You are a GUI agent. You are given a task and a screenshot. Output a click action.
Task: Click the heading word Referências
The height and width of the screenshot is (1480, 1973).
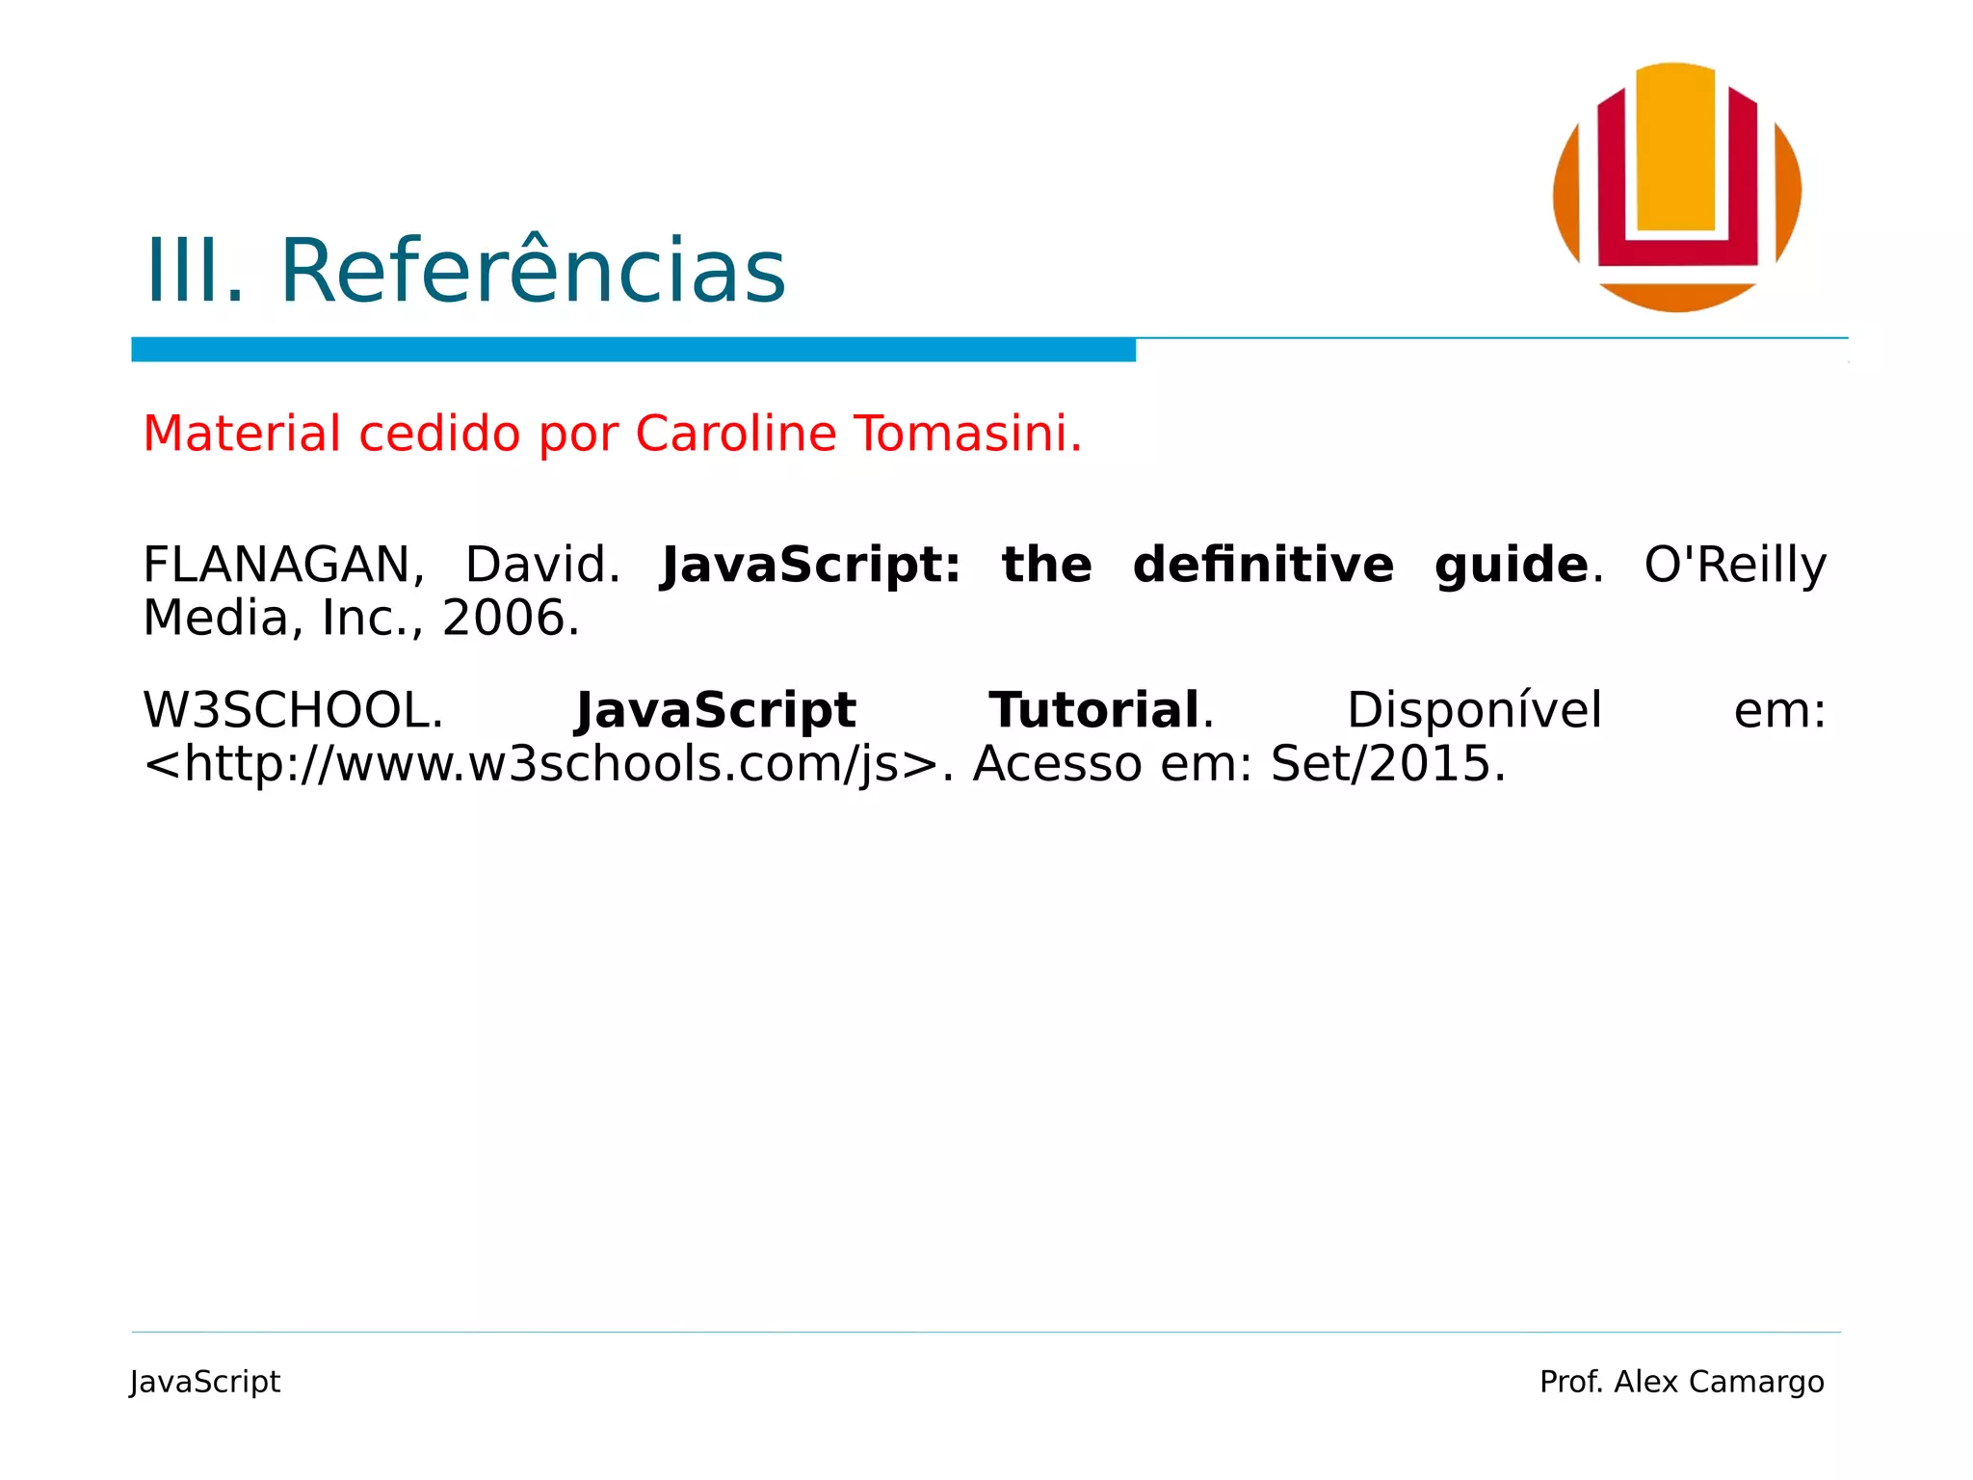point(533,272)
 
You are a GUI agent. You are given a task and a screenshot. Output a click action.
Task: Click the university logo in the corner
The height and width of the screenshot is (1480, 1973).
point(1676,188)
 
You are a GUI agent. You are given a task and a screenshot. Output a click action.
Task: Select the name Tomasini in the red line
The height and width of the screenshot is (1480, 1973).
point(967,434)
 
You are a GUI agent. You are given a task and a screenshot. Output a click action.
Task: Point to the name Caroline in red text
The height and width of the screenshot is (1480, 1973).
point(736,434)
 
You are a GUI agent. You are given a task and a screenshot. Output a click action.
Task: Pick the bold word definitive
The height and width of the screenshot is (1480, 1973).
point(1263,566)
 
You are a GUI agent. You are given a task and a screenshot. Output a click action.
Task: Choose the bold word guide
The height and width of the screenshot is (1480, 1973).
point(1511,566)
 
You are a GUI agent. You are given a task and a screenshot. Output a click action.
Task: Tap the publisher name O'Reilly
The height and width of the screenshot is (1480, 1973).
point(1734,566)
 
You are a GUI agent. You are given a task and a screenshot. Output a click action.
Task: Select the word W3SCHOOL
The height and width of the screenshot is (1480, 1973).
point(293,711)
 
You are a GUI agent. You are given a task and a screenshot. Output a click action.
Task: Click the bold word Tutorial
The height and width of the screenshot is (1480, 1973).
point(1094,711)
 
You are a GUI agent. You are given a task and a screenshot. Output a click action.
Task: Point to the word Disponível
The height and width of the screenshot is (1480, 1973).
point(1474,711)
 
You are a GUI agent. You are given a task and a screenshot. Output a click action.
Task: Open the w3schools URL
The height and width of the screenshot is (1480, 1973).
point(540,765)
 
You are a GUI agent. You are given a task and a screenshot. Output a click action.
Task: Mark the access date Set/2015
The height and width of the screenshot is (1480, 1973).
point(1386,765)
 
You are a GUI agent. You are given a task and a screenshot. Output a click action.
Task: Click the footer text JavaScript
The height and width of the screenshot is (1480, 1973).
point(205,1382)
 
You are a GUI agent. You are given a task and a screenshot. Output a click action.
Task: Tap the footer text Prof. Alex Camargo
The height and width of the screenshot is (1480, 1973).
point(1681,1382)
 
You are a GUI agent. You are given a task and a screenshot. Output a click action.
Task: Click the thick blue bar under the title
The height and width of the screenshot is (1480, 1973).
point(633,350)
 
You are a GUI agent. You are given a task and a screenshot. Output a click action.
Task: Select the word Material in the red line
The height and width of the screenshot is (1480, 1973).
point(242,434)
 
